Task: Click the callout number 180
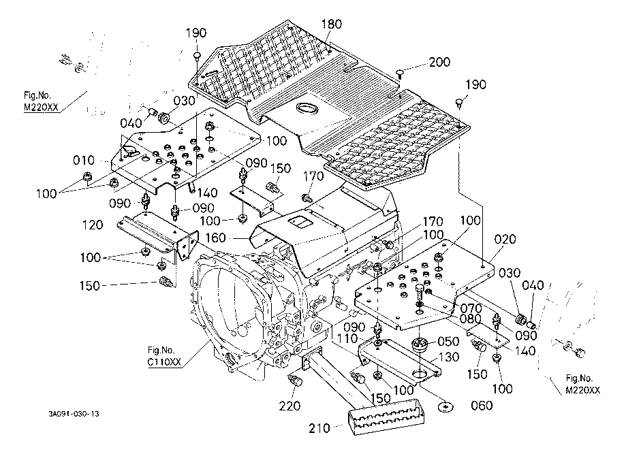click(x=332, y=25)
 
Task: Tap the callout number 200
click(x=439, y=62)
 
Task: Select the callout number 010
click(x=84, y=161)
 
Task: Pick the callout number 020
click(x=505, y=239)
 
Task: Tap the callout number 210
click(x=319, y=428)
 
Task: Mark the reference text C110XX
click(x=164, y=362)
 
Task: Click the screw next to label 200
click(x=401, y=71)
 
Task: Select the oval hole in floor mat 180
click(x=307, y=108)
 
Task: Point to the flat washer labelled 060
click(x=447, y=406)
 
